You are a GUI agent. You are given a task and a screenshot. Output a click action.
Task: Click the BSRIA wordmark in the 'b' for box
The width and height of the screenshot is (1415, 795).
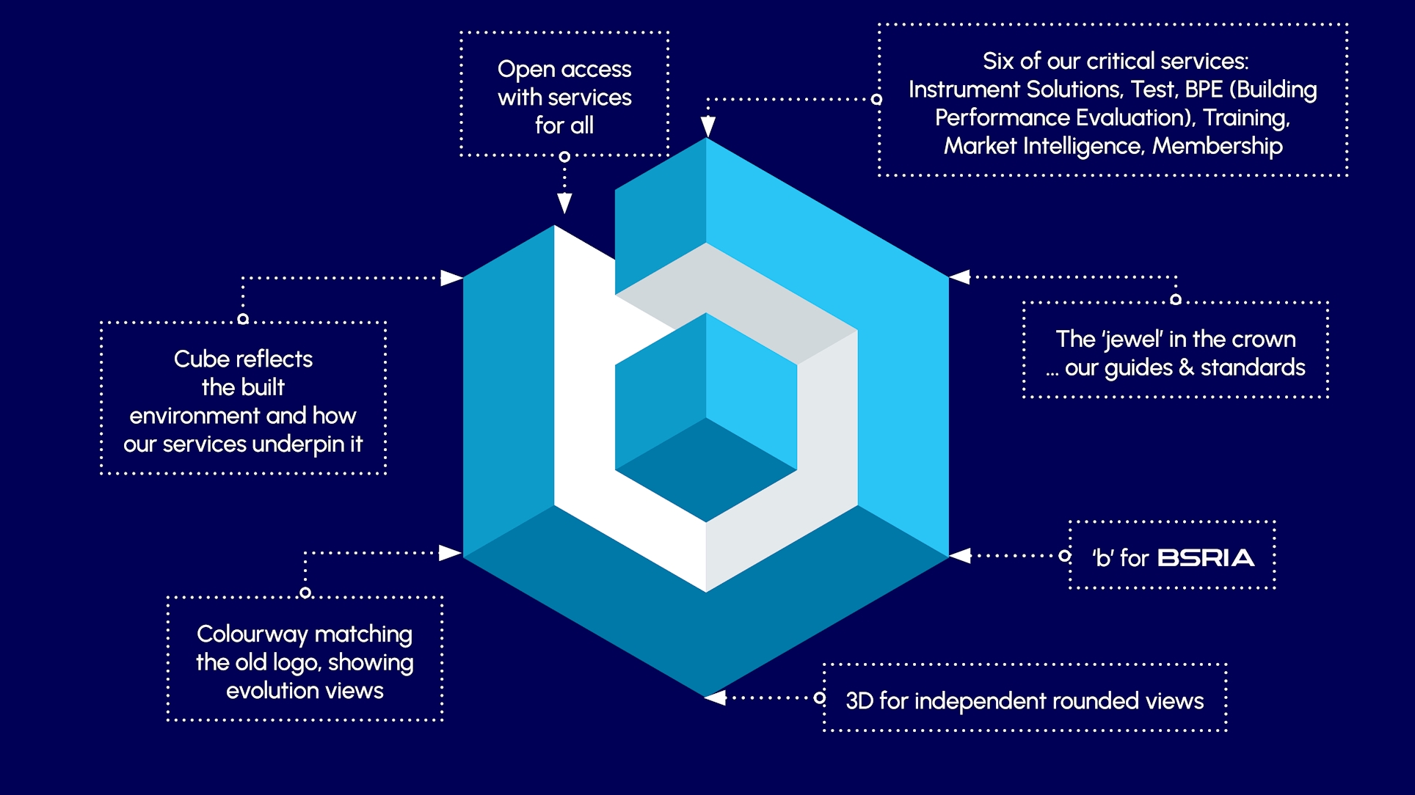coord(1206,558)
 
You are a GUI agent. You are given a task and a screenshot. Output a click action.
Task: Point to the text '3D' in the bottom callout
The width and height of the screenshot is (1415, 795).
coord(859,701)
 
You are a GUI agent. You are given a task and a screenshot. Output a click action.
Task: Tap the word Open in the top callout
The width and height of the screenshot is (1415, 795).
coord(525,70)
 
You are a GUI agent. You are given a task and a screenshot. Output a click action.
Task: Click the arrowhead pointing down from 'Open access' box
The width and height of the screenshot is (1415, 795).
coord(564,203)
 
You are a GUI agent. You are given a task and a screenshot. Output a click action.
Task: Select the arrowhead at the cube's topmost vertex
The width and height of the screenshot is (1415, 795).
coord(707,127)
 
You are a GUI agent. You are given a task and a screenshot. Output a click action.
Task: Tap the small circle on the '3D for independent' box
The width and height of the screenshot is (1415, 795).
coord(820,697)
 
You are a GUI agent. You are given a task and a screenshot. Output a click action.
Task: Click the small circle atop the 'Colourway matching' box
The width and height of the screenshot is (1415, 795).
coord(305,592)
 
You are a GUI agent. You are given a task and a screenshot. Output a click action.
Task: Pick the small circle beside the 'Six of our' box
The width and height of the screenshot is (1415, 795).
coord(876,99)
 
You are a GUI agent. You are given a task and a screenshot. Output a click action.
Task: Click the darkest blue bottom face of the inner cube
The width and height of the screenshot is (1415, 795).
coord(706,469)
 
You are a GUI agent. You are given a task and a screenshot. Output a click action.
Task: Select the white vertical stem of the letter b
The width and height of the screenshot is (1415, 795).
coord(583,381)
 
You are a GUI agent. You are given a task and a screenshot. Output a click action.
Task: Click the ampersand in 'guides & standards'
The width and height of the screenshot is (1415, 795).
coord(1186,367)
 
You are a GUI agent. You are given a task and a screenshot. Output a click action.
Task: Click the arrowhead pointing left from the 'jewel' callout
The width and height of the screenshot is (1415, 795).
coord(960,276)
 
